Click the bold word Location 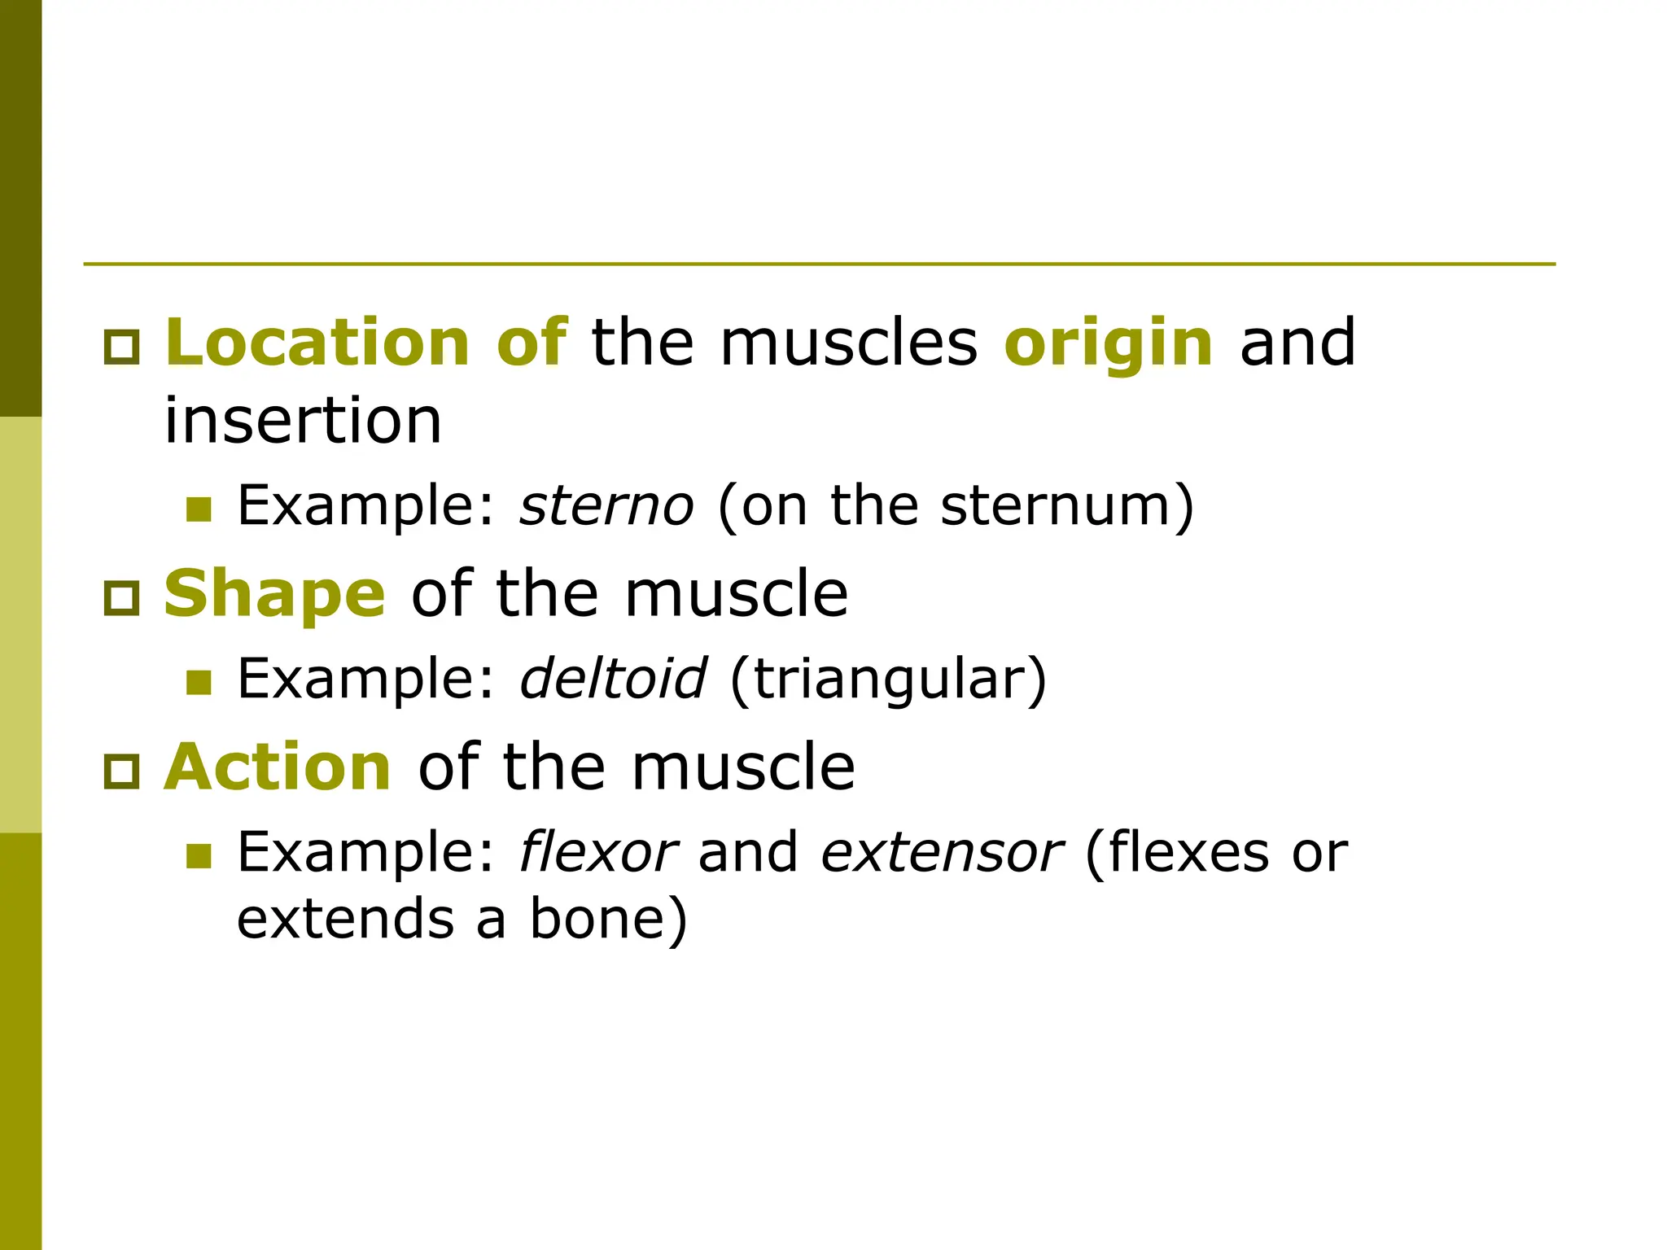coord(317,342)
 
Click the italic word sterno coord(606,505)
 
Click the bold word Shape coord(274,594)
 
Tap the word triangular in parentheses coord(888,680)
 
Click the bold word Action coord(278,767)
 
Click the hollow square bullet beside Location coord(122,347)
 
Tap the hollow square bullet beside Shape coord(122,598)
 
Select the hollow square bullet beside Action coord(122,771)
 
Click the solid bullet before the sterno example coord(199,509)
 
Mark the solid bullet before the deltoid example coord(199,682)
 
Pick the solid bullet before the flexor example coord(199,855)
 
